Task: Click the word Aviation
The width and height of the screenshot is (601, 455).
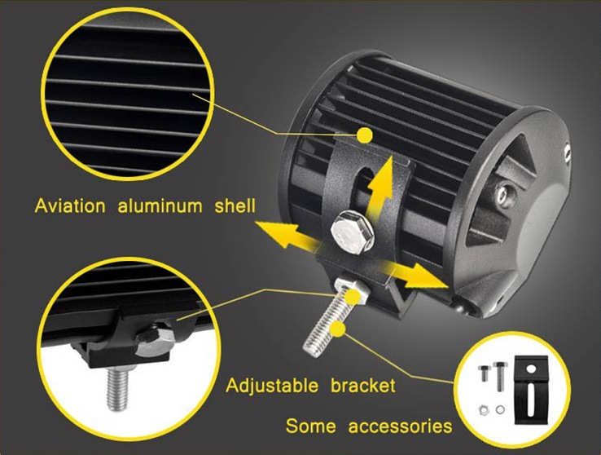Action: click(70, 206)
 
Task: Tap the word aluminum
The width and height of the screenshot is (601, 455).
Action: click(160, 206)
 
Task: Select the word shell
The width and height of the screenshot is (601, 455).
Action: click(235, 206)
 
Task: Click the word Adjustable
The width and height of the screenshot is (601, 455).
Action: click(272, 386)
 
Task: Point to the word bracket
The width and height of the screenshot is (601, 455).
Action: click(363, 386)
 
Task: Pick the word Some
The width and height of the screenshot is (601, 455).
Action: click(311, 426)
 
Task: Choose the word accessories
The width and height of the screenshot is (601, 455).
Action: click(400, 426)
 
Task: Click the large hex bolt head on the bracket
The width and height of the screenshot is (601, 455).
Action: click(352, 232)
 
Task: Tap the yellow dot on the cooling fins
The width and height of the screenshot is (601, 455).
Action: click(364, 135)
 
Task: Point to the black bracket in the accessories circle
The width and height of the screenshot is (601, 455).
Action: click(531, 390)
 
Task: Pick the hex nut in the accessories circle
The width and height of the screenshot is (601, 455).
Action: click(484, 409)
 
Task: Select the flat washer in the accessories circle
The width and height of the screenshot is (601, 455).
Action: click(500, 409)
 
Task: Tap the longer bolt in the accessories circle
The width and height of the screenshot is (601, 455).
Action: click(500, 376)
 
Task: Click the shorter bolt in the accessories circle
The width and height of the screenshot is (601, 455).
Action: click(484, 373)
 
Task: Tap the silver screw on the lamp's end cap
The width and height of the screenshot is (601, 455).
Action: click(504, 195)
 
